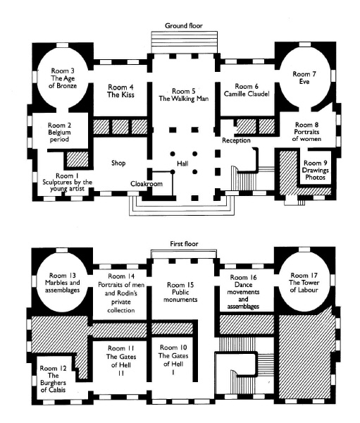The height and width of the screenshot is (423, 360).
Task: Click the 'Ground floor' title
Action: [x=184, y=26]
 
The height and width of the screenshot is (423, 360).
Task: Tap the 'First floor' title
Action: [x=184, y=244]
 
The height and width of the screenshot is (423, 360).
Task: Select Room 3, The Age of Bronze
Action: [x=63, y=78]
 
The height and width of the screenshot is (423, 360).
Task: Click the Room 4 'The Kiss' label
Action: [x=120, y=91]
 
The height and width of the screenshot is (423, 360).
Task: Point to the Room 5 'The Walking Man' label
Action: [x=184, y=95]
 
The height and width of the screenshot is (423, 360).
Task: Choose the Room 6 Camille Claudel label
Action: [x=247, y=90]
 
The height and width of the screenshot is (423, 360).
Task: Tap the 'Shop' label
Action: [x=118, y=163]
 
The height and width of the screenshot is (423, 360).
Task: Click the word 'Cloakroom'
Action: [x=147, y=184]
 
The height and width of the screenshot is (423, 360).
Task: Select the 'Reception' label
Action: [x=236, y=140]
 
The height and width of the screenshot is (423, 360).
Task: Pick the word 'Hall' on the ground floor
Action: [x=182, y=164]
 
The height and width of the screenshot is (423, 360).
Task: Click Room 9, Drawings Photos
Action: [x=315, y=170]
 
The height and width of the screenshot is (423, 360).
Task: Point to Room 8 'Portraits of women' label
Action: [x=306, y=132]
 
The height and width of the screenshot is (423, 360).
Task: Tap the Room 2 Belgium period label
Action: [x=59, y=133]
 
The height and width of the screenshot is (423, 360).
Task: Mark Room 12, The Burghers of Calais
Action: [x=53, y=379]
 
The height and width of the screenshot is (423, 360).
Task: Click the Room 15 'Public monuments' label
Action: [x=180, y=292]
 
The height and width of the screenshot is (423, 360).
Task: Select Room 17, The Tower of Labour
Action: [x=304, y=283]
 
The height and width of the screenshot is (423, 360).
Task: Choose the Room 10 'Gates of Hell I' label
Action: [x=173, y=360]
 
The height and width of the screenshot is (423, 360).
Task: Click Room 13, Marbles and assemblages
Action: [x=62, y=283]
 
